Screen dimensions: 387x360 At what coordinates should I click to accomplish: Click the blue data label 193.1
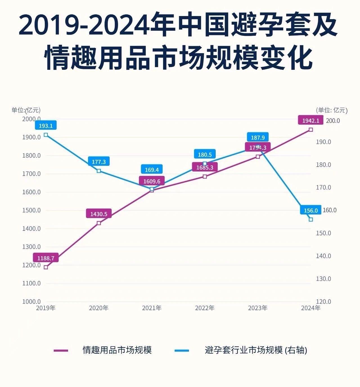point(46,126)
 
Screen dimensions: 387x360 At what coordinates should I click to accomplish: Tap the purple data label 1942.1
point(310,120)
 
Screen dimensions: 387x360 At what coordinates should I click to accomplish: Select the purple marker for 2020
point(99,223)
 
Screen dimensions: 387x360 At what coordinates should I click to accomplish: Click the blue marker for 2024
point(311,220)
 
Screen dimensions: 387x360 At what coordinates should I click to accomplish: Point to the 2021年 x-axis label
point(152,308)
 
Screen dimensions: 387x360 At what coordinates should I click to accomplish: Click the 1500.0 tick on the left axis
point(31,210)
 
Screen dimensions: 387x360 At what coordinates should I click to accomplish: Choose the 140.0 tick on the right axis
point(323,256)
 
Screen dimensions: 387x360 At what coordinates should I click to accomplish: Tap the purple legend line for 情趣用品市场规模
point(61,350)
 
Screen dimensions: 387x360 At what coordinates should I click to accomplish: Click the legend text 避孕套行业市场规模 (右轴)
point(256,350)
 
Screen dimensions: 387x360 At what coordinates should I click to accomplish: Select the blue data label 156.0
point(310,210)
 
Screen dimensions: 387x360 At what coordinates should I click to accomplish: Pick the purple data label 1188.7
point(46,258)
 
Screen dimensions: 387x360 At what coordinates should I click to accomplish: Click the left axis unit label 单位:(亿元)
point(26,110)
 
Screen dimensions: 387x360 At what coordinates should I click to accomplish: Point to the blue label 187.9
point(258,137)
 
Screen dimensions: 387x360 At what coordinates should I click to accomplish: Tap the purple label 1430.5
point(99,214)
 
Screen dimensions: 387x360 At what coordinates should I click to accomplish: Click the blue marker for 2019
point(46,135)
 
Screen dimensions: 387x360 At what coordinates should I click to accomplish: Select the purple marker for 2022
point(205,176)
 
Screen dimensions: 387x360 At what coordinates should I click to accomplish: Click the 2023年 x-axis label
point(258,308)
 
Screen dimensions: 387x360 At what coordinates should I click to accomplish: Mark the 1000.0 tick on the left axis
point(31,301)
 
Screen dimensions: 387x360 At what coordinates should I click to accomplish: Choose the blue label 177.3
point(99,162)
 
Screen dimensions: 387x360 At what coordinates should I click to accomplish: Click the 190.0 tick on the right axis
point(323,142)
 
